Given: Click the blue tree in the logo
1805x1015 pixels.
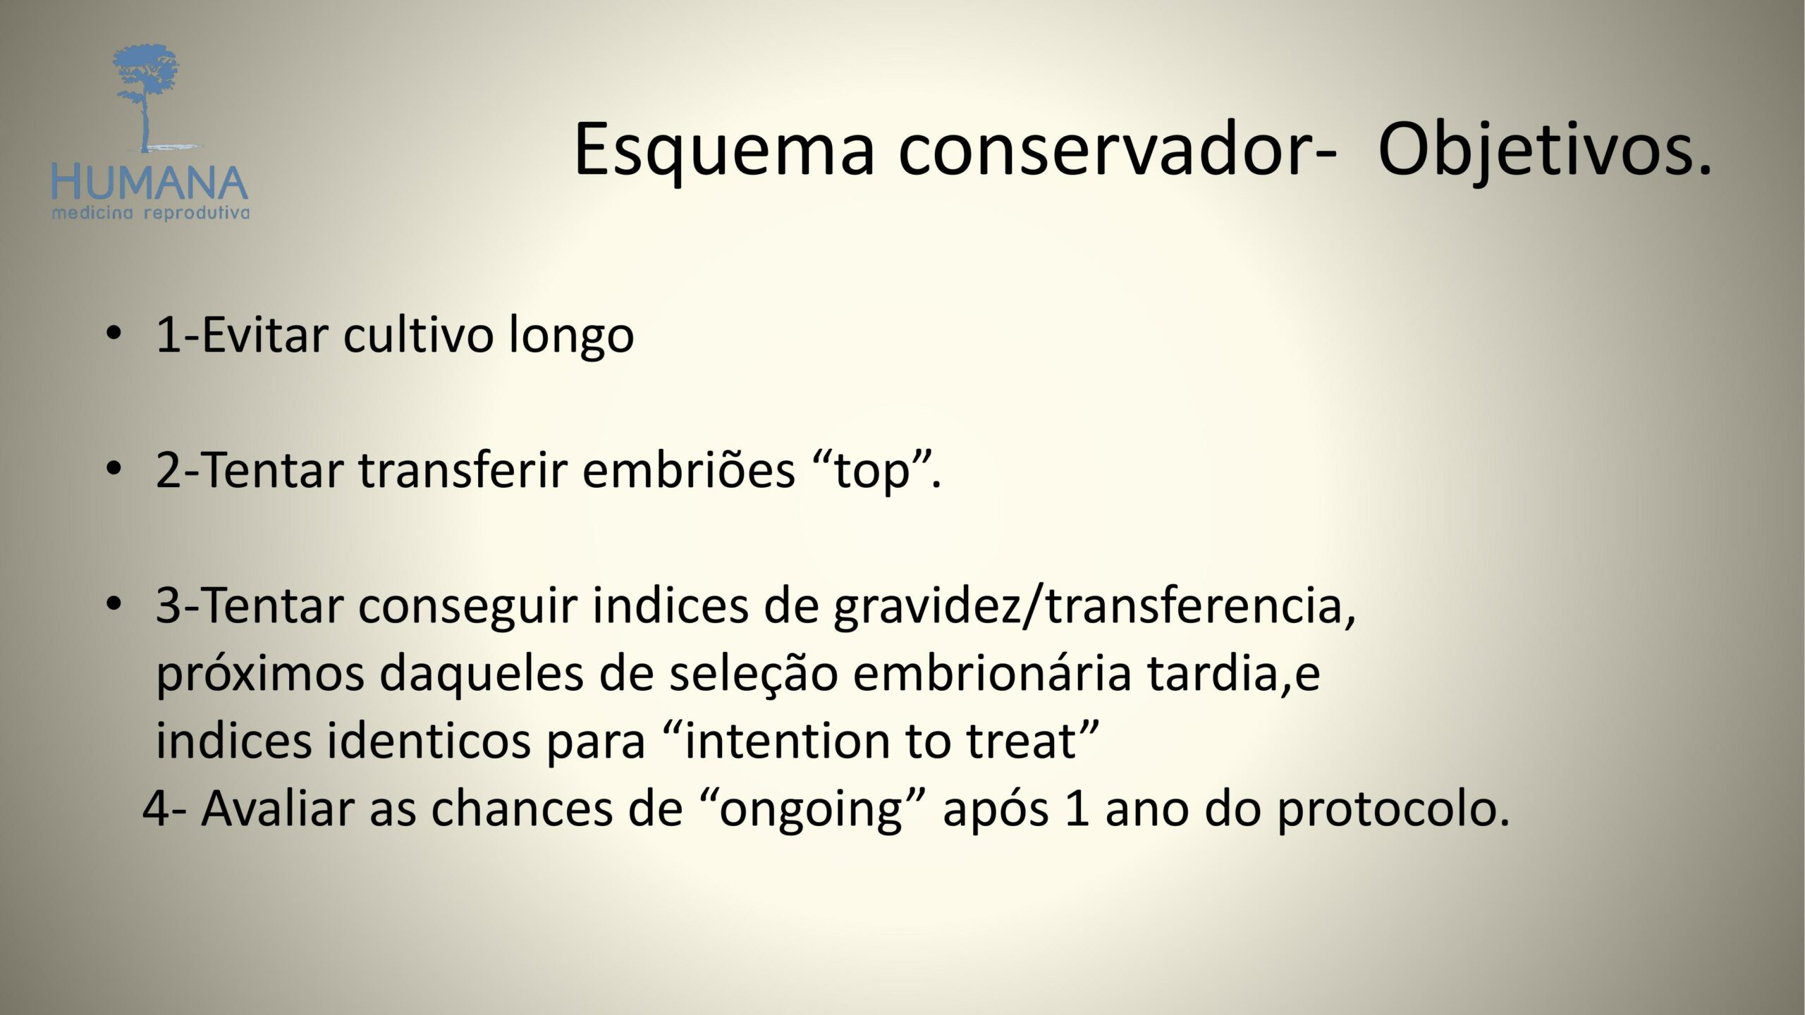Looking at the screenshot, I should pyautogui.click(x=147, y=95).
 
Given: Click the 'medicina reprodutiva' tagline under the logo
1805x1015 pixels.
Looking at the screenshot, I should pyautogui.click(x=150, y=213).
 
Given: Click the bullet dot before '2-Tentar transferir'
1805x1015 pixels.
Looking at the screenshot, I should pyautogui.click(x=113, y=469).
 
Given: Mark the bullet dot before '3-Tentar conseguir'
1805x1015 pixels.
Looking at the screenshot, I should pyautogui.click(x=113, y=604).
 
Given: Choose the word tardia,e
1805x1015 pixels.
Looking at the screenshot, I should pyautogui.click(x=1233, y=674).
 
